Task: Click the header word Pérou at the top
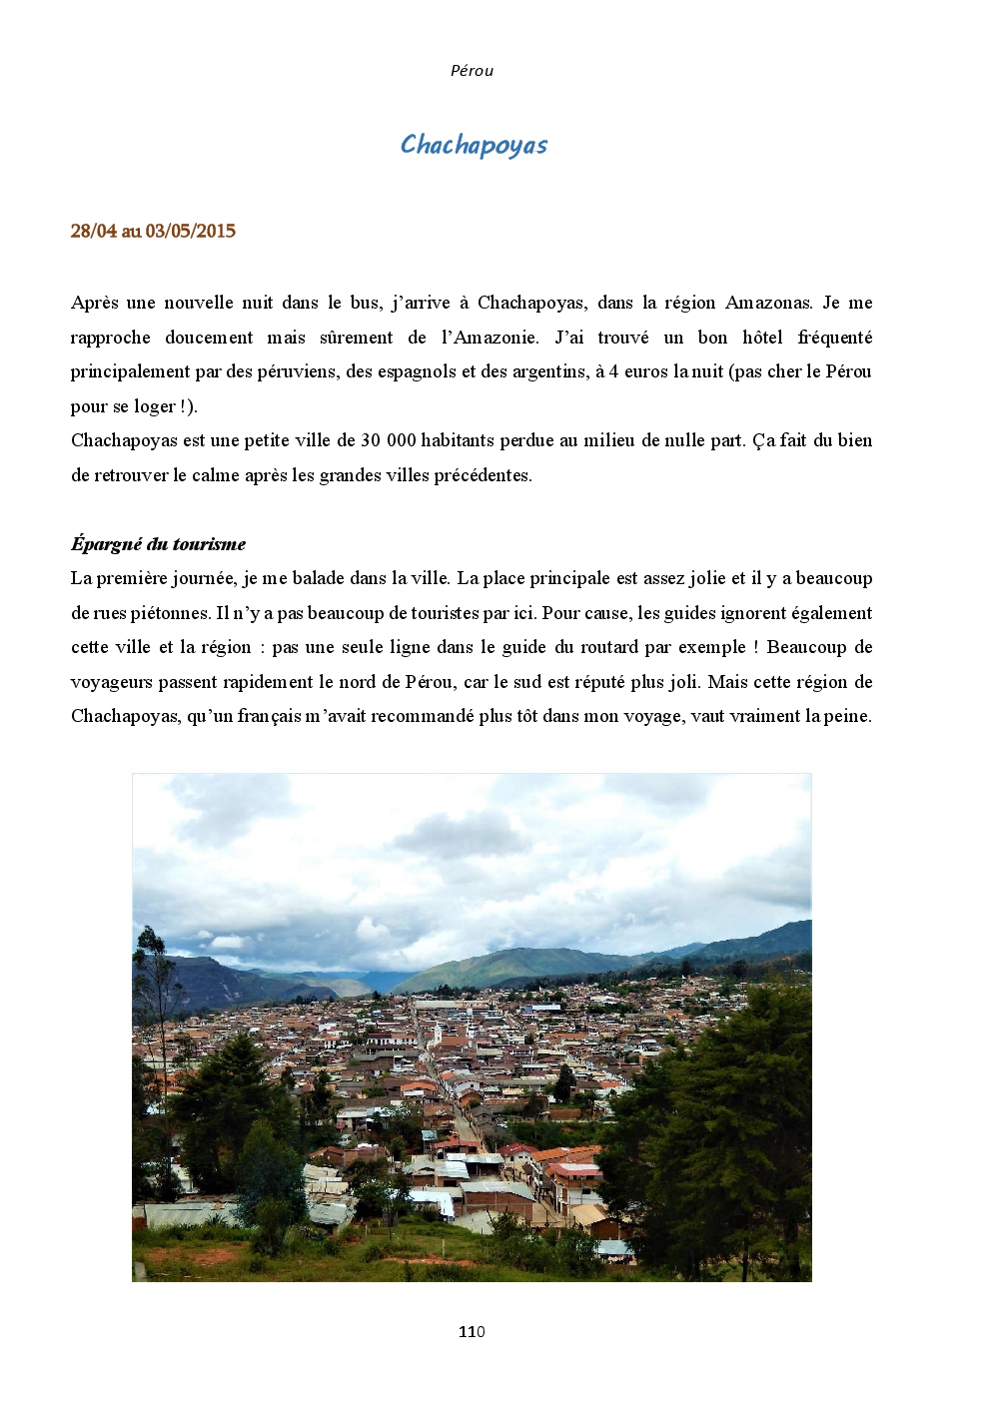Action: pos(472,71)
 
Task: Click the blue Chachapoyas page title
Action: pos(474,145)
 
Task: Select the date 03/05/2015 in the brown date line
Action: pos(191,231)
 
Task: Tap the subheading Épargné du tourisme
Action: pos(158,544)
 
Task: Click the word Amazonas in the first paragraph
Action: pos(768,303)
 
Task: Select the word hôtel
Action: pos(762,338)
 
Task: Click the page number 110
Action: pos(472,1331)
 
